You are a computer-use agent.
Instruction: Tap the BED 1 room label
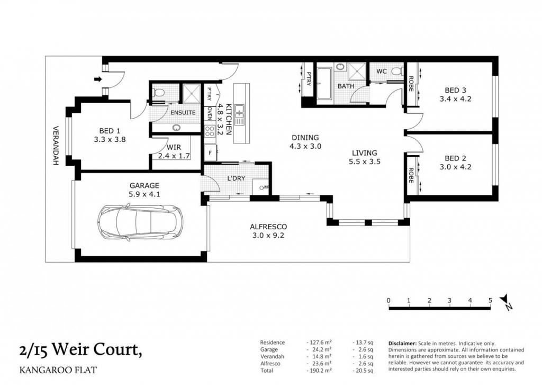tap(110, 131)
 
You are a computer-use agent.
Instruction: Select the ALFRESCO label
tap(268, 227)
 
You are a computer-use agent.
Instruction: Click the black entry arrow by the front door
tap(98, 79)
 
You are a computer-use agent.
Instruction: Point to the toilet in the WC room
tap(397, 71)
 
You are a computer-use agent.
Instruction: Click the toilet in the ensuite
tap(159, 93)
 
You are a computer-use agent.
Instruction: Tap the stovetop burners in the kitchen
tap(210, 131)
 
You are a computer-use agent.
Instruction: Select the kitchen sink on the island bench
tap(239, 115)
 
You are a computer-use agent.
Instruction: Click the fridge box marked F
tap(210, 153)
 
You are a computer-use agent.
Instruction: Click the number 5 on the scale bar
tap(490, 300)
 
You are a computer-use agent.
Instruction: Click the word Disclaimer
tap(402, 344)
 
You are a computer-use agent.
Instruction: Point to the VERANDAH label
tap(55, 146)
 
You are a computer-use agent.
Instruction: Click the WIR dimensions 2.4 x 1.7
tap(174, 156)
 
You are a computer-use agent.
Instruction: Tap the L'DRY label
tap(236, 178)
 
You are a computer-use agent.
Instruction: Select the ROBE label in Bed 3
tap(411, 84)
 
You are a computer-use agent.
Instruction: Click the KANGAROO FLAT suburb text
tap(58, 370)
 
